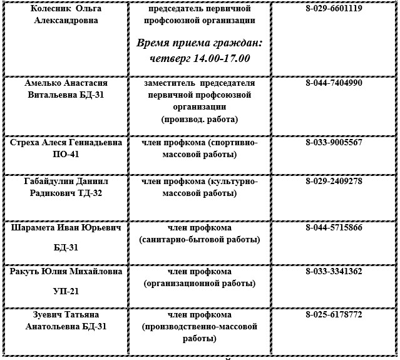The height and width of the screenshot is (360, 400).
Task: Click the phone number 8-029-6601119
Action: tap(334, 9)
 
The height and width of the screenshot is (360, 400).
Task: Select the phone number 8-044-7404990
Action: tap(334, 83)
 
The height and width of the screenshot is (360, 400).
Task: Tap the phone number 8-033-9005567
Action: tap(334, 143)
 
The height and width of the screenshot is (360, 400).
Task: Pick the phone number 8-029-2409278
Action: tap(334, 182)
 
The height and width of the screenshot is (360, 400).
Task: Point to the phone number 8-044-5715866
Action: tap(334, 228)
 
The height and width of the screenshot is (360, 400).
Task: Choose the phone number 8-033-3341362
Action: tap(334, 272)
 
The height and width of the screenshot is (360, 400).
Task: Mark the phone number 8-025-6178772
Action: tap(334, 315)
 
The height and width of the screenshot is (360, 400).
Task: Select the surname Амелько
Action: tap(44, 83)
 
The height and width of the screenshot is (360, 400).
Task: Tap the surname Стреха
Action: tap(26, 143)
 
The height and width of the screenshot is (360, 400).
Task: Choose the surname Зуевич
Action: tap(42, 315)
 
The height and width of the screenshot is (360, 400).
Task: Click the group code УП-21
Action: tap(65, 291)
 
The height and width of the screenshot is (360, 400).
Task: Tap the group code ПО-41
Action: tap(65, 154)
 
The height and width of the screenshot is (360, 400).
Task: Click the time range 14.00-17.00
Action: tap(218, 58)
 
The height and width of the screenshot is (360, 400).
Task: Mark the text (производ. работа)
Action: tap(200, 118)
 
